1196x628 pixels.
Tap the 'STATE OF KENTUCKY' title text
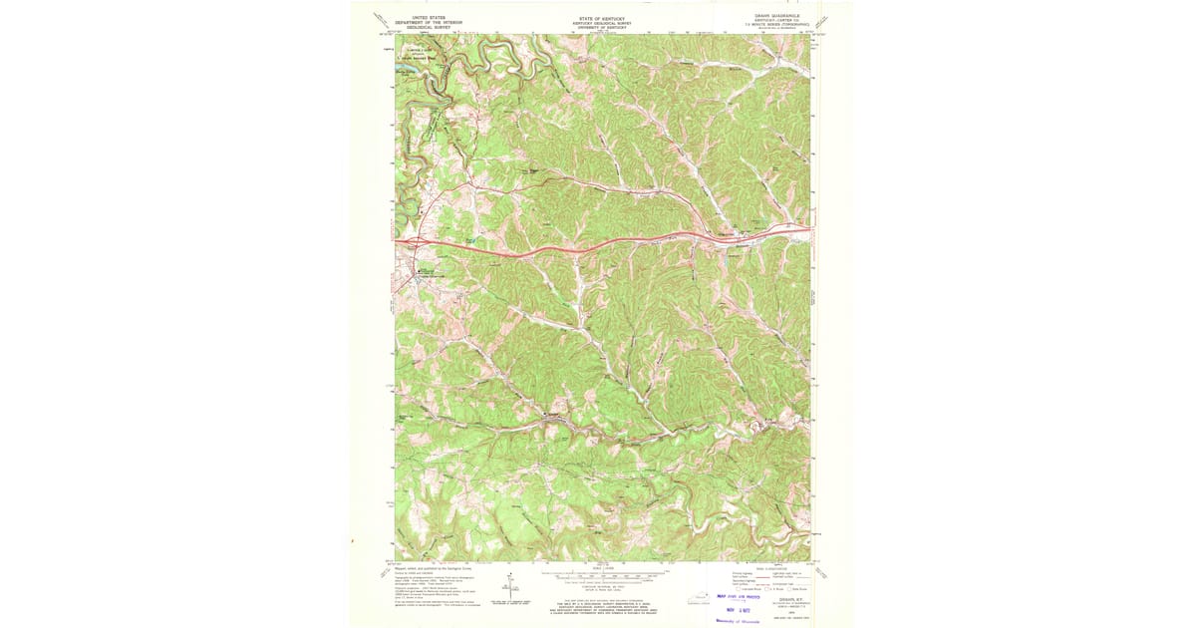pos(599,17)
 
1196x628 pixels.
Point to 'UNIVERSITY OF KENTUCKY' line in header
pos(599,28)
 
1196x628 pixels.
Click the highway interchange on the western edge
pos(414,242)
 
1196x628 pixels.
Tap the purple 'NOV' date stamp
pos(741,608)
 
